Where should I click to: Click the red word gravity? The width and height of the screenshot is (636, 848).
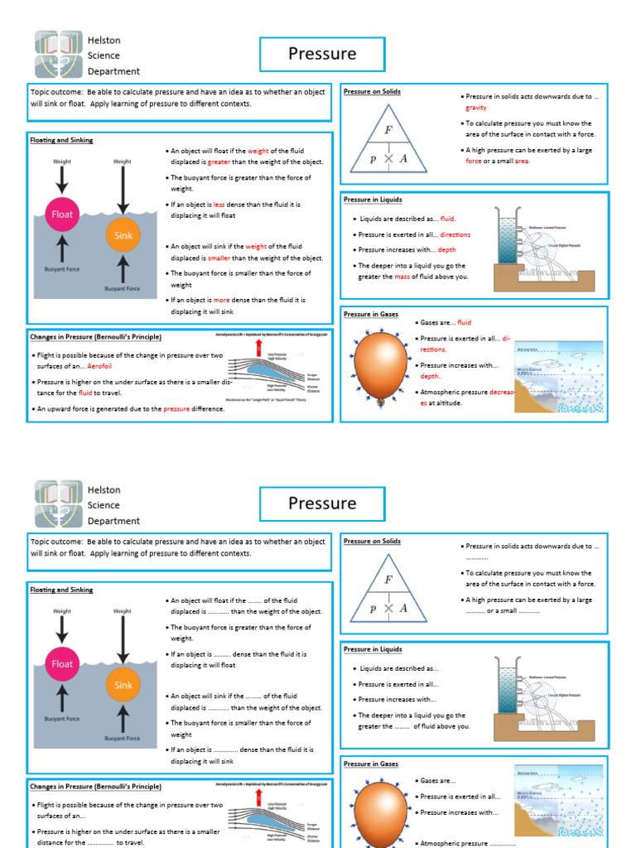pyautogui.click(x=476, y=108)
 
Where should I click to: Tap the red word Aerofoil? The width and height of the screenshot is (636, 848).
pyautogui.click(x=99, y=366)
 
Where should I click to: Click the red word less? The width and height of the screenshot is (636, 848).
pyautogui.click(x=219, y=204)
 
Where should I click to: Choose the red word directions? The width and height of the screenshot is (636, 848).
pyautogui.click(x=454, y=234)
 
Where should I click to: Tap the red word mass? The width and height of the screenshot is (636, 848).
pyautogui.click(x=402, y=277)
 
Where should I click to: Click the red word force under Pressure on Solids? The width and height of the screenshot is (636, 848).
pyautogui.click(x=474, y=161)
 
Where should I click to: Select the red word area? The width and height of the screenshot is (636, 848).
pyautogui.click(x=522, y=161)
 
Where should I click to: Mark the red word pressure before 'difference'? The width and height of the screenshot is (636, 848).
pyautogui.click(x=176, y=409)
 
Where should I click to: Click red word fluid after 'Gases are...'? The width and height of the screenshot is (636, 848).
pyautogui.click(x=464, y=323)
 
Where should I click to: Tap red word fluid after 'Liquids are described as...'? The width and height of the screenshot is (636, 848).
pyautogui.click(x=447, y=219)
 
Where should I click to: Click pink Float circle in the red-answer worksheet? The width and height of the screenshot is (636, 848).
pyautogui.click(x=63, y=214)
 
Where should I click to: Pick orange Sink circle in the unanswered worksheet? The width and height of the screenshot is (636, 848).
pyautogui.click(x=123, y=685)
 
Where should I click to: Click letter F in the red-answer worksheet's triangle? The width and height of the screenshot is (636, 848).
pyautogui.click(x=388, y=130)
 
